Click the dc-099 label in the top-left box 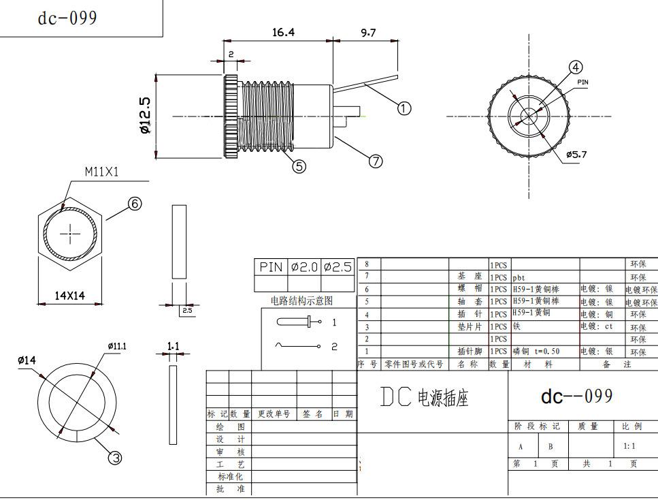pyautogui.click(x=67, y=18)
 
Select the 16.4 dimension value pyautogui.click(x=283, y=32)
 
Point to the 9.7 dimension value pyautogui.click(x=367, y=32)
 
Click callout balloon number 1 pyautogui.click(x=404, y=108)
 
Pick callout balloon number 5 pyautogui.click(x=299, y=166)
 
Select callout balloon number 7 pyautogui.click(x=376, y=161)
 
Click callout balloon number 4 pyautogui.click(x=576, y=67)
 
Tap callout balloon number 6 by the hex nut pyautogui.click(x=135, y=203)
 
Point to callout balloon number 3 pyautogui.click(x=116, y=458)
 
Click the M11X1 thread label pyautogui.click(x=101, y=172)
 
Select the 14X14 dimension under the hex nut pyautogui.click(x=70, y=295)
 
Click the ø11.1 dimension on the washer pyautogui.click(x=116, y=346)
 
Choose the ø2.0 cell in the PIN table pyautogui.click(x=304, y=267)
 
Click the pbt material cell pyautogui.click(x=519, y=277)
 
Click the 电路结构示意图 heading pyautogui.click(x=302, y=300)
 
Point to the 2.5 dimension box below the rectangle pyautogui.click(x=186, y=311)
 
